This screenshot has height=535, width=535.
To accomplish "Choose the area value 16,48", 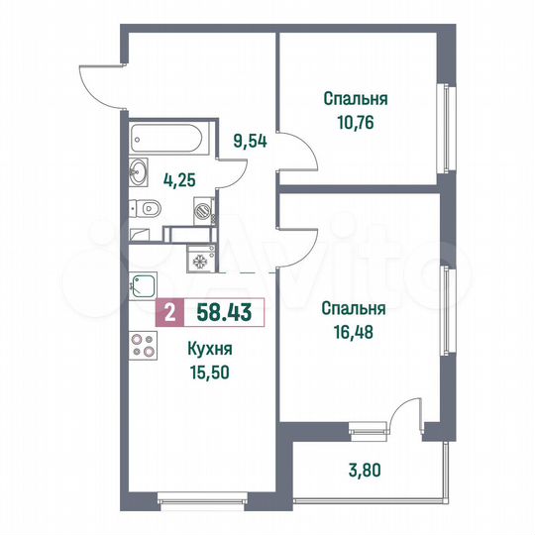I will [x=354, y=329].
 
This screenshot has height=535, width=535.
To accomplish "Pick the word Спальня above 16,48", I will [x=354, y=307].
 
